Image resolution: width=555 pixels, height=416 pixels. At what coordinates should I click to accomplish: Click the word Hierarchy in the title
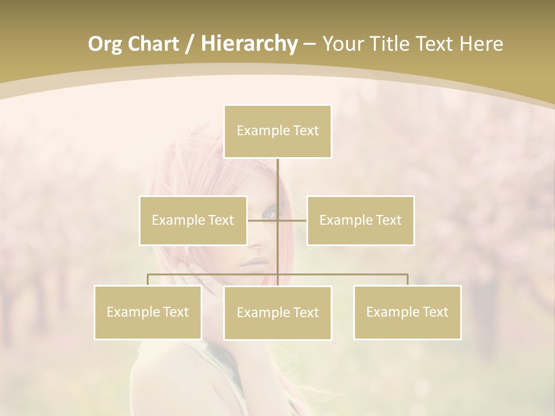[249, 44]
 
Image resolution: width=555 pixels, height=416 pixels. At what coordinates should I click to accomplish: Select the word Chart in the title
[153, 44]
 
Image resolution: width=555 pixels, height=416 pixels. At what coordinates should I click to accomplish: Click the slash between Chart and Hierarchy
[190, 44]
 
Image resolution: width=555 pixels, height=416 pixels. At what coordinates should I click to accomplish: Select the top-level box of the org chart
[277, 131]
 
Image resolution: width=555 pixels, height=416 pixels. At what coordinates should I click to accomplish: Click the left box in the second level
[193, 220]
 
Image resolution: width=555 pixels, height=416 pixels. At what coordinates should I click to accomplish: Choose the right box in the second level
[360, 220]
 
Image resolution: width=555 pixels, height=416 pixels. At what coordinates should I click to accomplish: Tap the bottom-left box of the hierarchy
[148, 312]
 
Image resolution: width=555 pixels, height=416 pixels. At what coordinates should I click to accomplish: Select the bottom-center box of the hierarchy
[277, 313]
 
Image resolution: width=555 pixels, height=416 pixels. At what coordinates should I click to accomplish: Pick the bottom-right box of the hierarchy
[407, 312]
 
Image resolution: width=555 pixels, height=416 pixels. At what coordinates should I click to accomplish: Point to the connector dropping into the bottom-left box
[148, 280]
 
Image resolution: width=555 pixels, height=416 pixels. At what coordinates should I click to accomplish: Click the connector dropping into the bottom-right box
[408, 280]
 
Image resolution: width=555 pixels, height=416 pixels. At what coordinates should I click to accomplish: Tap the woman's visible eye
[268, 213]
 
